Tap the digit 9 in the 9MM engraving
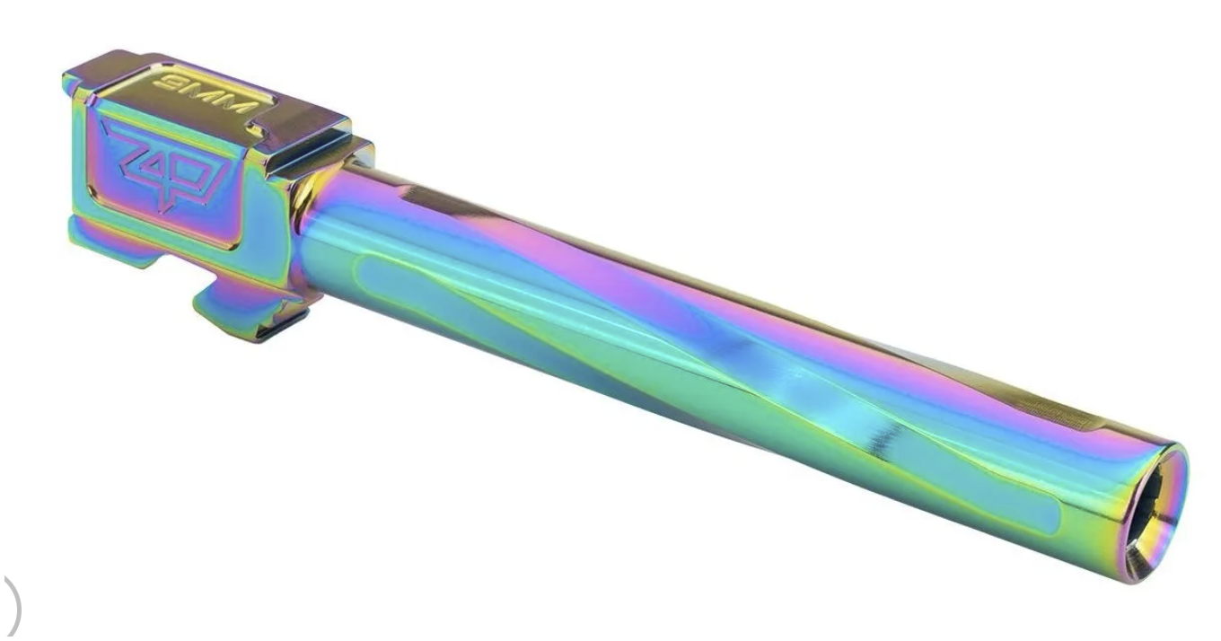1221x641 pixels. point(167,83)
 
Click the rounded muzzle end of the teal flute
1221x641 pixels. point(1044,517)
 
